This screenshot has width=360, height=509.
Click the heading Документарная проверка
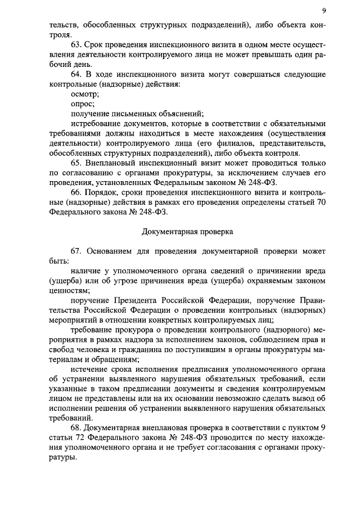point(187,231)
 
